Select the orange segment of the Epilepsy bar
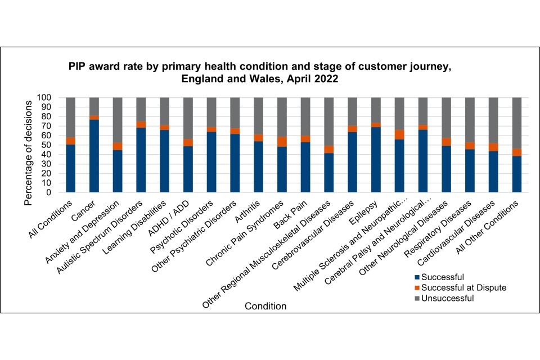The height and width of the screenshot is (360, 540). (x=376, y=125)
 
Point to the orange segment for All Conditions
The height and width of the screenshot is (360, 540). (x=70, y=141)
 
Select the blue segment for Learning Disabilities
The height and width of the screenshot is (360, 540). (x=165, y=161)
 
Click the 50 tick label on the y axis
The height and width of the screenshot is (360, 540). (x=47, y=145)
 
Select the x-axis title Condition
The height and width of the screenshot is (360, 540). (x=265, y=307)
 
